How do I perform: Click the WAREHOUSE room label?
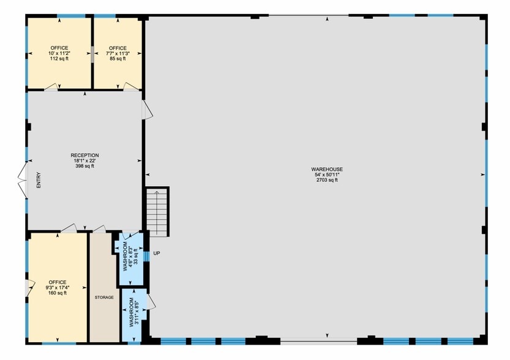click(x=326, y=169)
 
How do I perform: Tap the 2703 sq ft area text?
click(x=326, y=180)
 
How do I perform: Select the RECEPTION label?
click(x=84, y=156)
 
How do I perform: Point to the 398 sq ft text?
click(x=84, y=166)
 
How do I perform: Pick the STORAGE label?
click(x=104, y=298)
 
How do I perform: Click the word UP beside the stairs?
click(x=157, y=253)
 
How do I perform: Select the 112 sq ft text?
click(x=59, y=59)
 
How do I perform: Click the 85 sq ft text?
click(x=118, y=59)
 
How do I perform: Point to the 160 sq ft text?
click(x=57, y=293)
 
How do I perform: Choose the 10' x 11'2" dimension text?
click(x=59, y=53)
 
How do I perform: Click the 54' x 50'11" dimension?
click(x=326, y=174)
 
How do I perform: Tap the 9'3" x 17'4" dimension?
click(x=57, y=288)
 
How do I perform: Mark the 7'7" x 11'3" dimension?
click(x=118, y=53)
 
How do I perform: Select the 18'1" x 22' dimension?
click(x=84, y=161)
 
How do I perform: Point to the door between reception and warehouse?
click(x=148, y=110)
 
